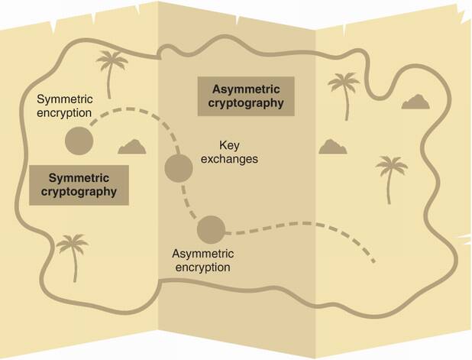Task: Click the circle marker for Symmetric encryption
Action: (78, 141)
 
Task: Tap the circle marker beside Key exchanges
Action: (178, 167)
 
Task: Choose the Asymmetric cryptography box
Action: (245, 95)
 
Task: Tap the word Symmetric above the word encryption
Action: (64, 99)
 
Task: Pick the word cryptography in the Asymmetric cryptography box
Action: (245, 102)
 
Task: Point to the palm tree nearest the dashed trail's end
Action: (392, 177)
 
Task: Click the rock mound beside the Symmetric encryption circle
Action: (134, 147)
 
